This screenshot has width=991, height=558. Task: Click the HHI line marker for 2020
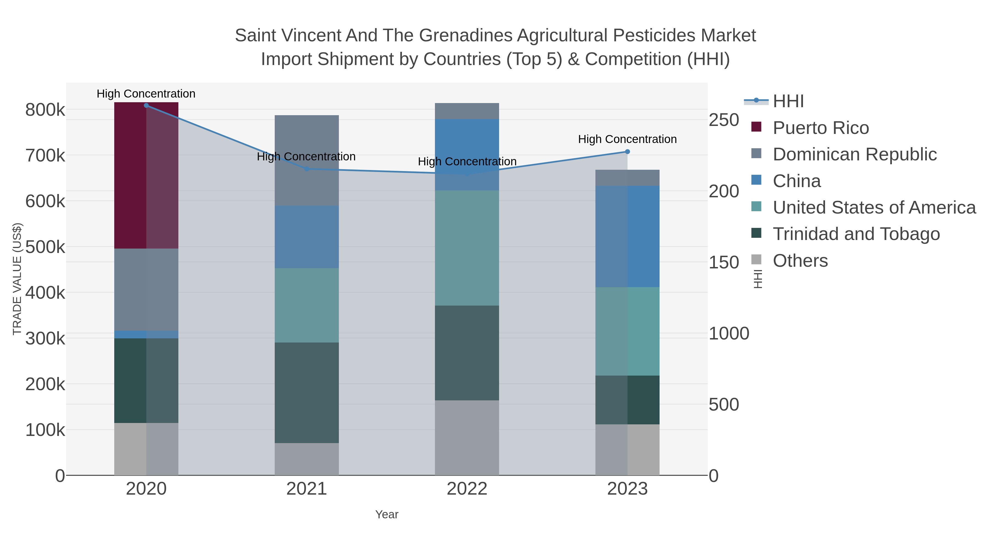coord(146,106)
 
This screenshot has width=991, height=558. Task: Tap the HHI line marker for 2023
coord(627,152)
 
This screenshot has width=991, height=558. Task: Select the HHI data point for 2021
coord(307,169)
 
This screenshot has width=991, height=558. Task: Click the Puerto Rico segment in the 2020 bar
coord(146,175)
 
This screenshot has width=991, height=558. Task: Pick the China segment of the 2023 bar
coord(627,236)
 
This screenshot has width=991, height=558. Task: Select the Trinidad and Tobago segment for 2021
coord(307,392)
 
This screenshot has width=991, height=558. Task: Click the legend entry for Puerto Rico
coord(821,128)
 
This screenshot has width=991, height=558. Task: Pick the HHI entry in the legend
coord(788,101)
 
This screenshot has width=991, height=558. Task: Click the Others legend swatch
coord(756,260)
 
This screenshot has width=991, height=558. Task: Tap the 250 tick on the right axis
coord(724,120)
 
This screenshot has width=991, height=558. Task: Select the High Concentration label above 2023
coord(627,139)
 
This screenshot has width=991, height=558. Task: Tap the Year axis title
coord(387,514)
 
